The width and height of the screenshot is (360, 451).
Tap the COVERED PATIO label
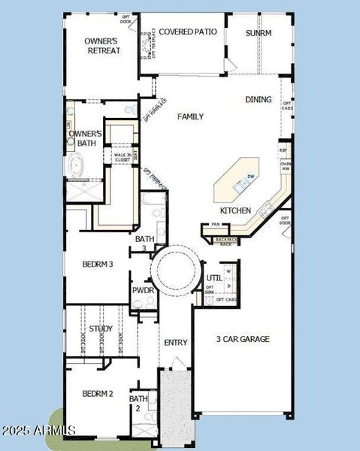[x=188, y=32]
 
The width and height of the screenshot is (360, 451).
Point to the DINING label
[x=259, y=99]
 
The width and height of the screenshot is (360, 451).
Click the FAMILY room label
[x=190, y=117]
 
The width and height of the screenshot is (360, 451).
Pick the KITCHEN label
[x=235, y=210]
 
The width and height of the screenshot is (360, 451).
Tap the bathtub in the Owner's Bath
[x=77, y=165]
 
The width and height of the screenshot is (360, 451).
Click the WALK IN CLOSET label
[x=122, y=157]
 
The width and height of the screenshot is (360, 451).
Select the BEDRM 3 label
[x=98, y=264]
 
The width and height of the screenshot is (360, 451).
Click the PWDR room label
[x=143, y=290]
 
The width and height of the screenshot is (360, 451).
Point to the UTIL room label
[x=214, y=278]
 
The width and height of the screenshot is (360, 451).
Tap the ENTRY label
[x=175, y=343]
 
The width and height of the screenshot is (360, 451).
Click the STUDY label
[x=101, y=328]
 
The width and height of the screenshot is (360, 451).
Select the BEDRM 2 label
[x=98, y=394]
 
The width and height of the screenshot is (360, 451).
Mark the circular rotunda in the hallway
[x=175, y=268]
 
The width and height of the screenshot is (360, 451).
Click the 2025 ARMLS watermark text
[x=39, y=430]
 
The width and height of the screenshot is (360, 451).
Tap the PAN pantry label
[x=216, y=224]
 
